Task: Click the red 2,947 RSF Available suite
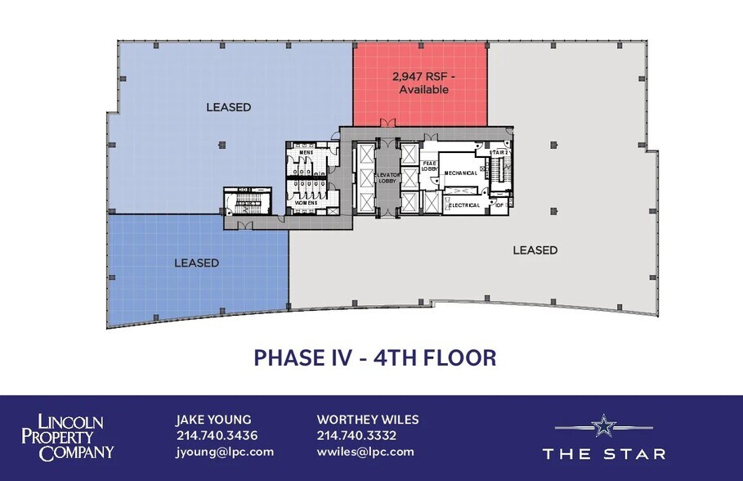pos(420,83)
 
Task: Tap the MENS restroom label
pos(307,153)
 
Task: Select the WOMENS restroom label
pos(307,202)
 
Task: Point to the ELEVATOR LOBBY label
pos(386,178)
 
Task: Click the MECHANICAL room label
pos(461,173)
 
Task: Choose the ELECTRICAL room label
pos(464,205)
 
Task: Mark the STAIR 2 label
pos(499,153)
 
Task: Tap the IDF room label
pos(499,205)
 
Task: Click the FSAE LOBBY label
pos(430,166)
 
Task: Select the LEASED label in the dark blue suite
pos(196,263)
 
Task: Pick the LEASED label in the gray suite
pos(535,250)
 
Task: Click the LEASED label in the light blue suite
pos(228,107)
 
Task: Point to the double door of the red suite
pos(384,125)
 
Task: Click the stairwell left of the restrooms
pos(243,203)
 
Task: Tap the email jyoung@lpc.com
pos(225,452)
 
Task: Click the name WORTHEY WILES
pos(368,420)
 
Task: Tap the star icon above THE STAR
pos(603,425)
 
